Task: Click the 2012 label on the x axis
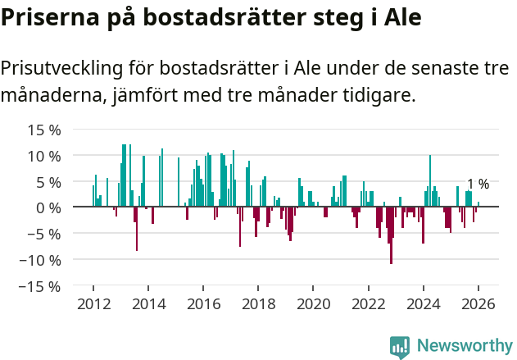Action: click(x=93, y=304)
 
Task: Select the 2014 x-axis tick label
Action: click(x=148, y=304)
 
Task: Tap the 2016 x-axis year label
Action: click(x=203, y=304)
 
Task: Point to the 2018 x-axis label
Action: click(x=258, y=304)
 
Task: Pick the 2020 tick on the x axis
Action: click(x=313, y=304)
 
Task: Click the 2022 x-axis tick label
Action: click(x=368, y=304)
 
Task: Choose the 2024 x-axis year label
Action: click(x=423, y=304)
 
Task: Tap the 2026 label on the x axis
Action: click(x=478, y=304)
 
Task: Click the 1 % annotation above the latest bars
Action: click(x=478, y=185)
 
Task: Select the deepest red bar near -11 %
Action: click(x=392, y=238)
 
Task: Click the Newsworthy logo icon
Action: click(x=400, y=346)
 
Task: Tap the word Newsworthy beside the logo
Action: click(x=464, y=346)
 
